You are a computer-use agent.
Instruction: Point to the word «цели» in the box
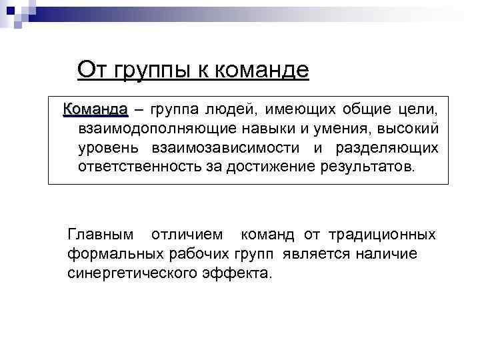pos(418,109)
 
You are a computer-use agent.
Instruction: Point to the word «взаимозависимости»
pos(223,147)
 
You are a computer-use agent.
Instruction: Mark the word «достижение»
pos(261,165)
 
